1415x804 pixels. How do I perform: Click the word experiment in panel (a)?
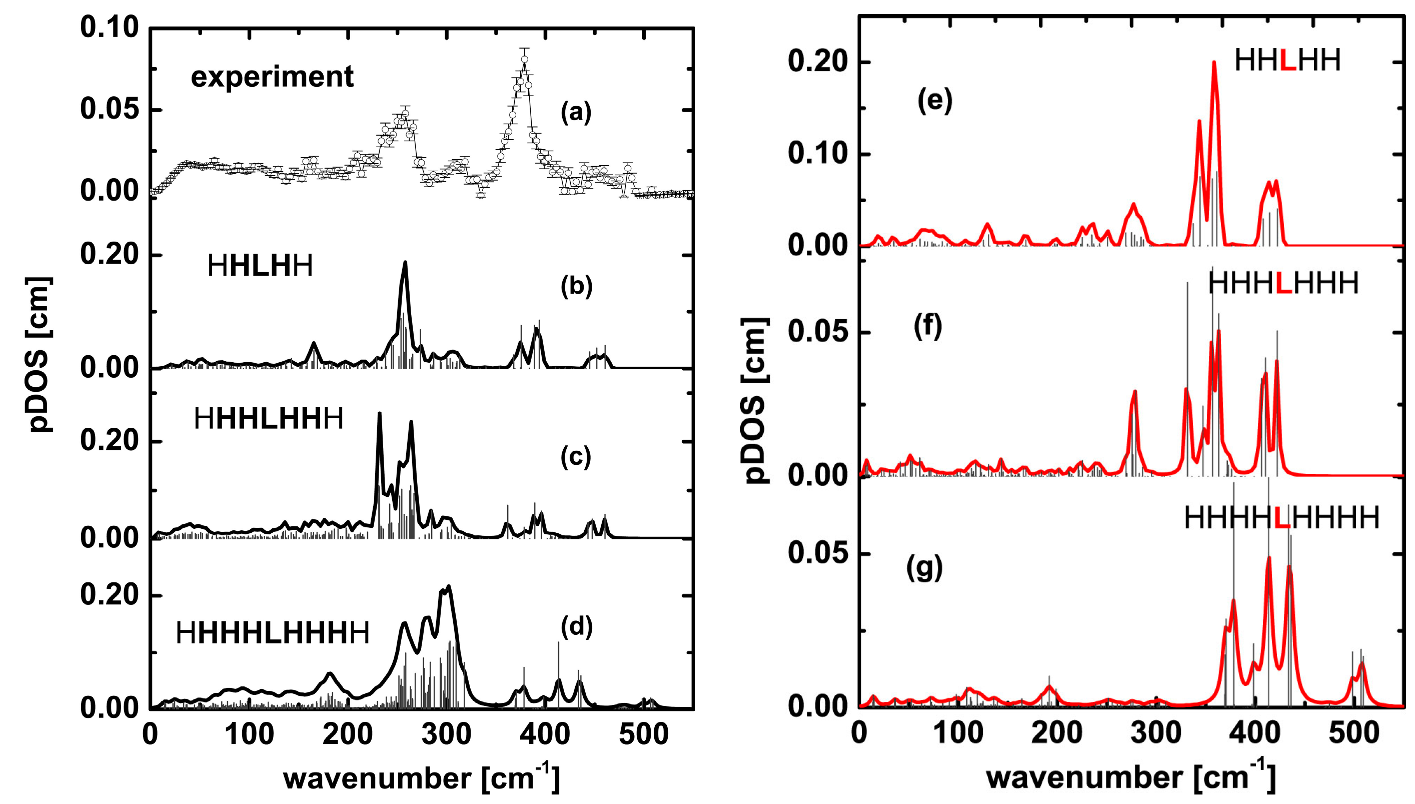[x=272, y=77]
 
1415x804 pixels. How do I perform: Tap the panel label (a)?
[x=576, y=112]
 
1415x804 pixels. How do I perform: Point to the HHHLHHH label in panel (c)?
[x=268, y=419]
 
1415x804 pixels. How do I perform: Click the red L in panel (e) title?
[x=1287, y=60]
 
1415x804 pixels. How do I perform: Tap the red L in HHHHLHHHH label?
[x=1282, y=518]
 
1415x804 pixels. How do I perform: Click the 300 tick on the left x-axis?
[x=446, y=735]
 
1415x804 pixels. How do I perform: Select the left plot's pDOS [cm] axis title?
[x=39, y=353]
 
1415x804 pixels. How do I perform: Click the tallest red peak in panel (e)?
[x=1214, y=63]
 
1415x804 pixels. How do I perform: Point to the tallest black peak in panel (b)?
[x=406, y=263]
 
